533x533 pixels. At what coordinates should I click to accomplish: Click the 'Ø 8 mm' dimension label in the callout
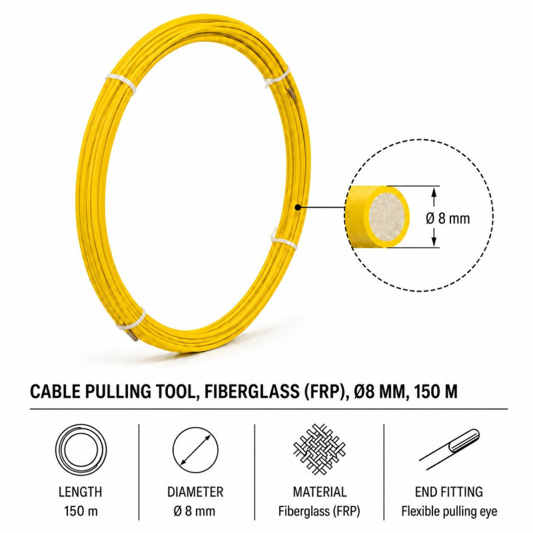pyautogui.click(x=448, y=219)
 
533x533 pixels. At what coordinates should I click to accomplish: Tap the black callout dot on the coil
pyautogui.click(x=297, y=207)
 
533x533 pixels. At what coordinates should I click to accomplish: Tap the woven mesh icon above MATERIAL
pyautogui.click(x=319, y=449)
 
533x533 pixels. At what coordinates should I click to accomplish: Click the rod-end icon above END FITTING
pyautogui.click(x=449, y=448)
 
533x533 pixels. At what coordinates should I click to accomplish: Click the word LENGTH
pyautogui.click(x=80, y=492)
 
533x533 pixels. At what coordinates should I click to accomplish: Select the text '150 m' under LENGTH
pyautogui.click(x=81, y=511)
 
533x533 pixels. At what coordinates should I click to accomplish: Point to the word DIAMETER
pyautogui.click(x=195, y=492)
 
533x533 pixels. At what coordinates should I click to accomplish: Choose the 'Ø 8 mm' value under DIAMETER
pyautogui.click(x=194, y=511)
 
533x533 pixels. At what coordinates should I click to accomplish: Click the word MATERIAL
pyautogui.click(x=320, y=492)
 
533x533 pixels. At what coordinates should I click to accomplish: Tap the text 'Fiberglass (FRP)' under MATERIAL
pyautogui.click(x=319, y=511)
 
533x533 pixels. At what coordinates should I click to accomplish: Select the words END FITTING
pyautogui.click(x=448, y=492)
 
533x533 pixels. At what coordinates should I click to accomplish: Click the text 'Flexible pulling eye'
pyautogui.click(x=449, y=511)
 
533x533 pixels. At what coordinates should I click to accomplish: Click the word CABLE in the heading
pyautogui.click(x=55, y=391)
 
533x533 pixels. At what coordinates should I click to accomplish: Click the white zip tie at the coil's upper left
pyautogui.click(x=121, y=83)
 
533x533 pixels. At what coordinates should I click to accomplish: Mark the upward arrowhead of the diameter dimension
pyautogui.click(x=434, y=193)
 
